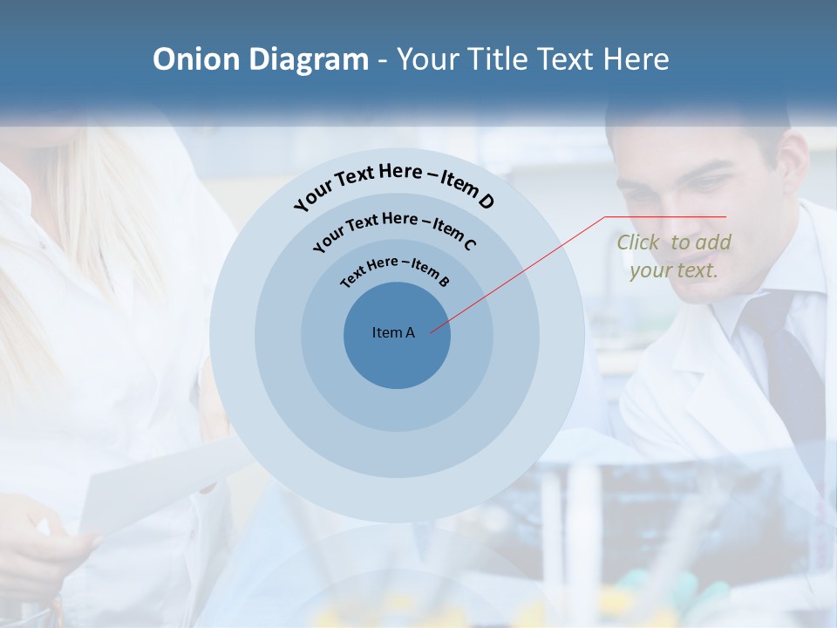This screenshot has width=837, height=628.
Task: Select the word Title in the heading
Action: pos(500,59)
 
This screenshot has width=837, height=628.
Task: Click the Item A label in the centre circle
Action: pos(393,332)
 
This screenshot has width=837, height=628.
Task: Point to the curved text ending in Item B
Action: pos(395,270)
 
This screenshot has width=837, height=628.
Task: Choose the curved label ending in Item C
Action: pos(394,229)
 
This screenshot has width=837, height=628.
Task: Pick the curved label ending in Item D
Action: pos(394,185)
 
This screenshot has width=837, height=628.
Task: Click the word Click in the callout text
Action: pos(637,242)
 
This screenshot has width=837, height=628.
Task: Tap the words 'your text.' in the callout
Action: pos(673,270)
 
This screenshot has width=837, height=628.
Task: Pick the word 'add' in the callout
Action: pos(714,242)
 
